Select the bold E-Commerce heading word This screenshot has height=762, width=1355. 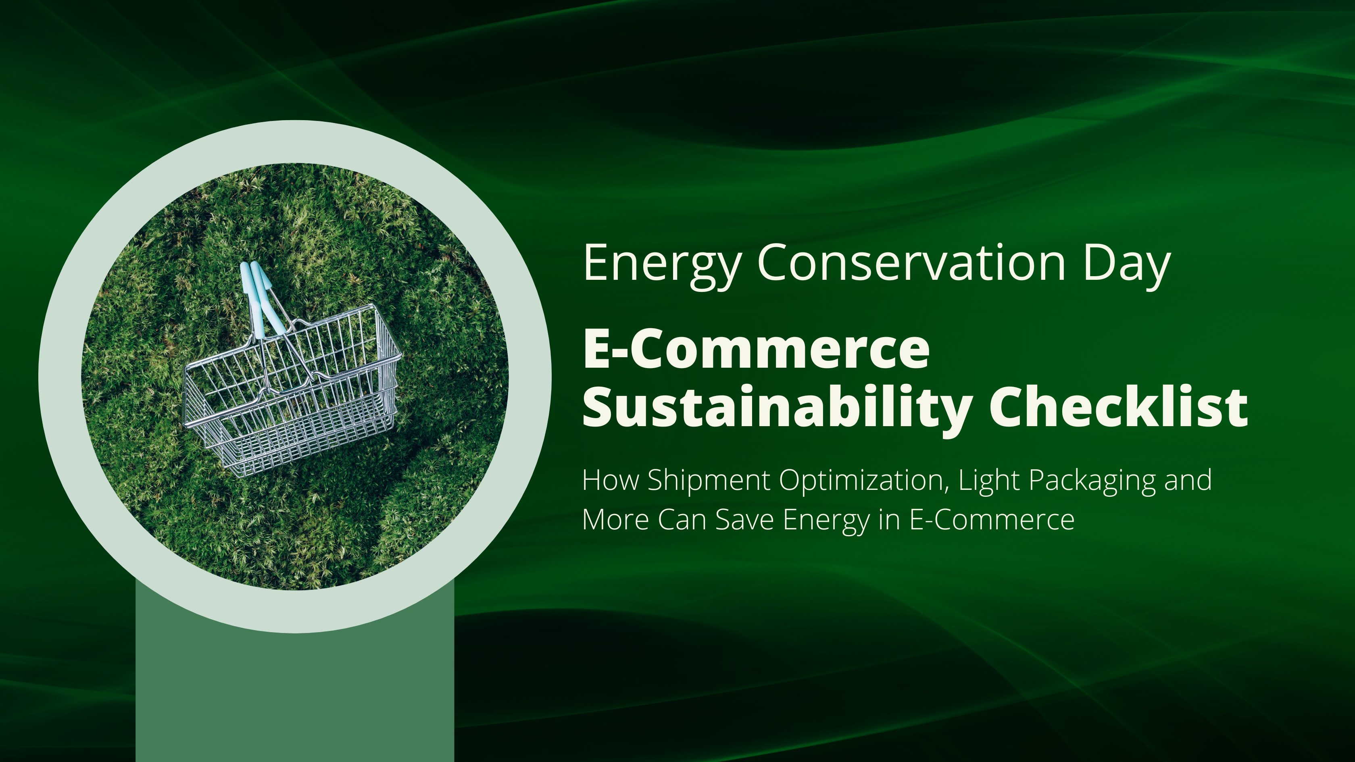(756, 349)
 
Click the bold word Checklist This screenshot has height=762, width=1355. (1118, 406)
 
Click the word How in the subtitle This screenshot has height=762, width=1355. (610, 480)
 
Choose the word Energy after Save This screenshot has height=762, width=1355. (826, 520)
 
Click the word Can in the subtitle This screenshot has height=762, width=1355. (681, 520)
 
